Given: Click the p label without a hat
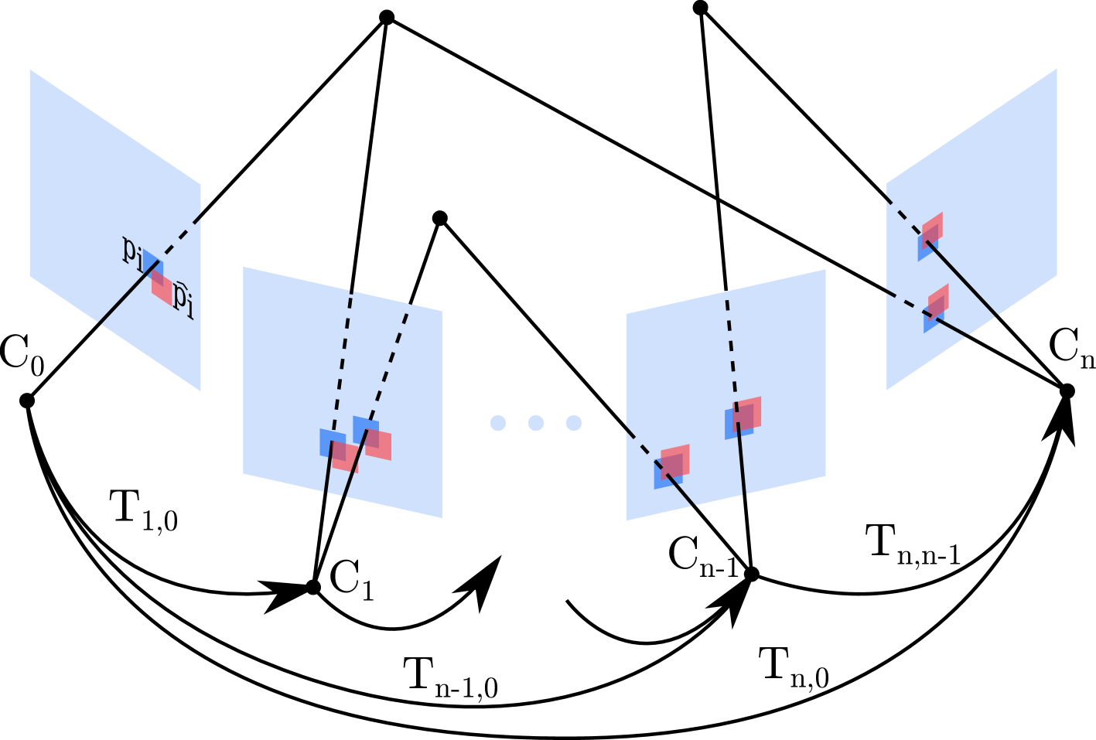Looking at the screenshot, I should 131,251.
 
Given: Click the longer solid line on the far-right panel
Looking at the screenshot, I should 963,279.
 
